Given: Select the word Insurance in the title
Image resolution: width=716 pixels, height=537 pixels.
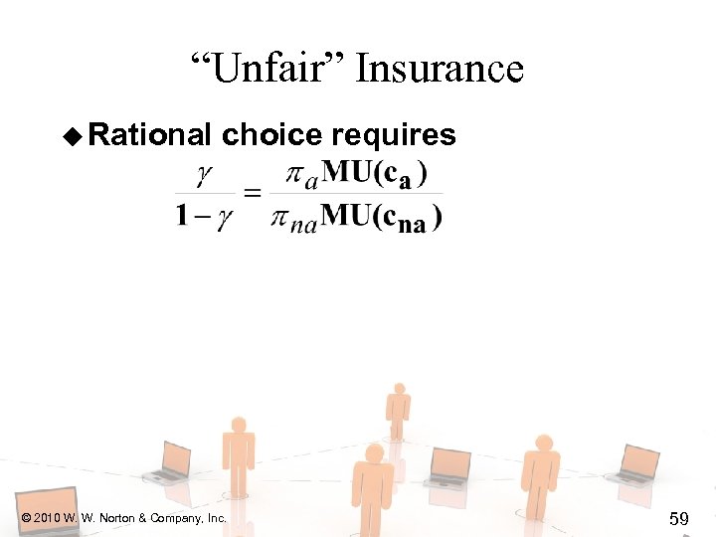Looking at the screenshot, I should pos(440,69).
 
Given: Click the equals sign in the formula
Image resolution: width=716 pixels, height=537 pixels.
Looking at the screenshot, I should pos(253,194).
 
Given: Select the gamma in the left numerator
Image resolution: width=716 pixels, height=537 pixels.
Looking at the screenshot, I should pos(204,174).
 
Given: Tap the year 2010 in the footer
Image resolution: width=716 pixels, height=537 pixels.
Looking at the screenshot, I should pos(46,518).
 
